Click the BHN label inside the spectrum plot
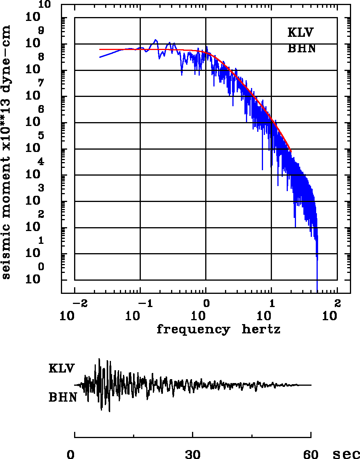point(301,48)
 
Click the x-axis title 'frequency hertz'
point(218,330)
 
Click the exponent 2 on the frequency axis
point(337,302)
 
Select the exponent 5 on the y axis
point(41,136)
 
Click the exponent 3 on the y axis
point(41,188)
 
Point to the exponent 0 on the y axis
point(41,267)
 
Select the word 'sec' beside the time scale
point(346,454)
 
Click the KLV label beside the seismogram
point(61,368)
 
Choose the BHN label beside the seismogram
point(62,397)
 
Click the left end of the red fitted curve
point(100,50)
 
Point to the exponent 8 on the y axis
point(41,57)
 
